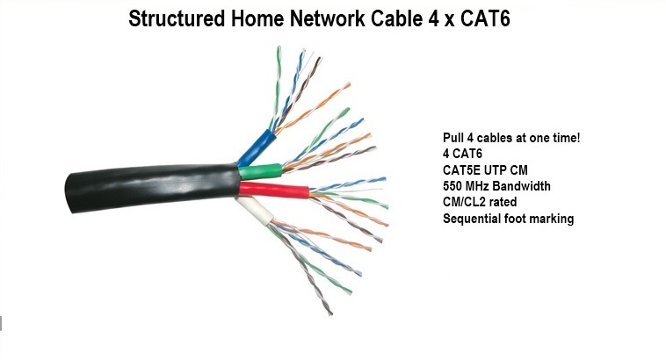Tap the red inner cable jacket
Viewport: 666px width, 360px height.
pos(274,191)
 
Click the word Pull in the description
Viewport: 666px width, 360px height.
pos(453,138)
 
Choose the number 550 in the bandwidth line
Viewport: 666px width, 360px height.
pos(453,185)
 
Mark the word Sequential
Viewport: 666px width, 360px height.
pos(474,217)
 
